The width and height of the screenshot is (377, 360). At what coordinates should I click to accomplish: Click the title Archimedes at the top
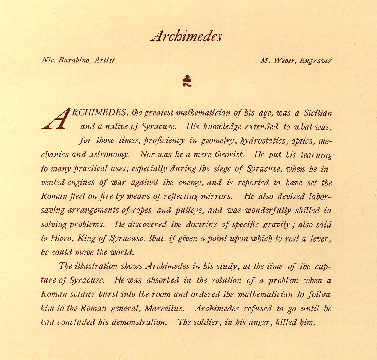point(186,36)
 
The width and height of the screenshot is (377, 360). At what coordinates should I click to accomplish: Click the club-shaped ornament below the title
point(187,80)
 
